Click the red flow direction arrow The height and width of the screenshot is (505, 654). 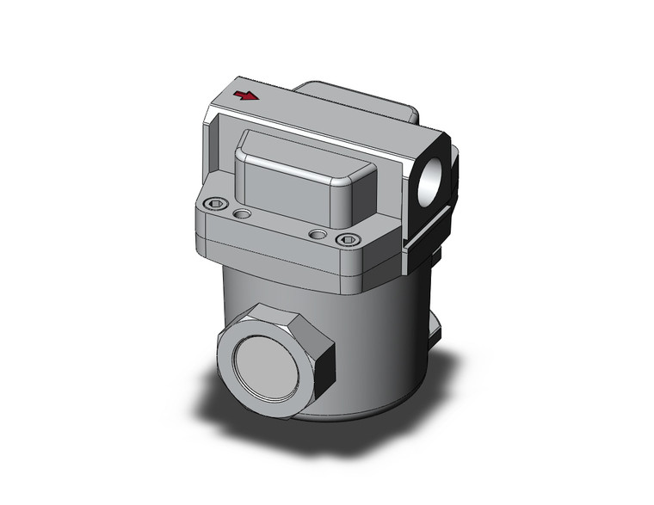pyautogui.click(x=246, y=95)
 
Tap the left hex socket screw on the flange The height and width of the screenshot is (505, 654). pyautogui.click(x=216, y=204)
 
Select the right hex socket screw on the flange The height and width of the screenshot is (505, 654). pyautogui.click(x=347, y=240)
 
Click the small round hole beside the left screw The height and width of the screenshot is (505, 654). pyautogui.click(x=243, y=212)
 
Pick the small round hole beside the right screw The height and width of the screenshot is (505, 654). pyautogui.click(x=318, y=234)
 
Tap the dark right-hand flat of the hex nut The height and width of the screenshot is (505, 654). pyautogui.click(x=324, y=370)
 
